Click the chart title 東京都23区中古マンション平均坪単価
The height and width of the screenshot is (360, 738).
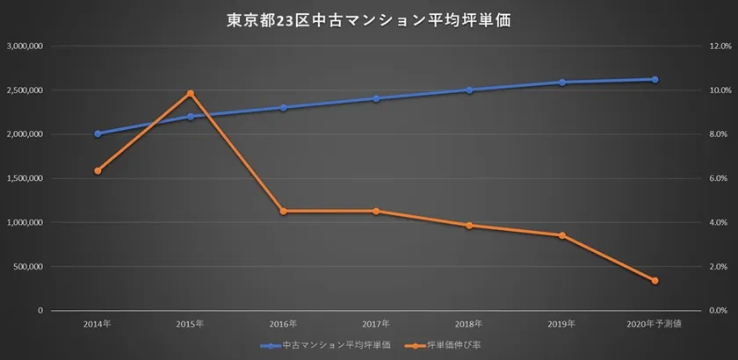[x=369, y=19]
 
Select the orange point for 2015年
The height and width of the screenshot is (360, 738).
[x=190, y=93]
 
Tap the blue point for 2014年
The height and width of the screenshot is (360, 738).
[x=98, y=133]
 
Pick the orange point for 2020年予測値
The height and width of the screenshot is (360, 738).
[x=655, y=281]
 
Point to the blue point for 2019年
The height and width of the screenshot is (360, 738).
[x=561, y=83]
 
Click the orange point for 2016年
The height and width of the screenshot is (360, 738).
[x=283, y=211]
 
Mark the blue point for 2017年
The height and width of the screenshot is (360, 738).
[x=376, y=98]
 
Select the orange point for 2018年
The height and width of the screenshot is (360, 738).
[x=469, y=226]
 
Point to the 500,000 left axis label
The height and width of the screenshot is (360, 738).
[x=31, y=266]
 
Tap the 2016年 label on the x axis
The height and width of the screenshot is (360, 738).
[x=283, y=324]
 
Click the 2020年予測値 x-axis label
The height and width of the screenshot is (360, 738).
[x=655, y=324]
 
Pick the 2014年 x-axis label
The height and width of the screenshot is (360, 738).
[x=98, y=324]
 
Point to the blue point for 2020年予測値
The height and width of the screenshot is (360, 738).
[x=655, y=79]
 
